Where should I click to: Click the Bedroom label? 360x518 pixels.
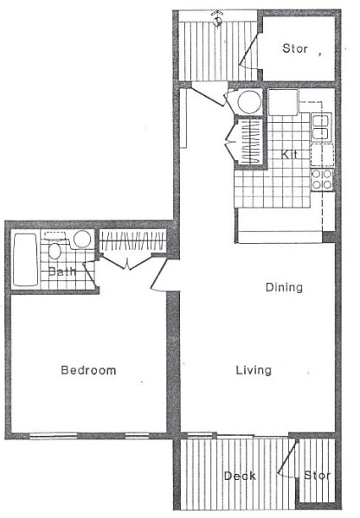tap(88, 370)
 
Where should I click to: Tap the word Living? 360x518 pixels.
tap(254, 370)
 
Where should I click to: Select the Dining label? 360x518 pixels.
tap(284, 287)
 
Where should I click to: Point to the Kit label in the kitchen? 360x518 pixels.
tap(289, 154)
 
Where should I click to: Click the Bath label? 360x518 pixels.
tap(62, 272)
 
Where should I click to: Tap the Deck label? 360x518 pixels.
tap(240, 476)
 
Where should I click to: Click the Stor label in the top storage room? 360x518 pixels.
tap(295, 48)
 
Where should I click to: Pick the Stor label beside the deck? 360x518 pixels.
tap(317, 475)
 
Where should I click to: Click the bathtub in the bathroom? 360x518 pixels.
tap(25, 259)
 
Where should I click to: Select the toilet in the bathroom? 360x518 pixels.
tap(55, 247)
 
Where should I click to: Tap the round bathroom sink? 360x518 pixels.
tap(82, 239)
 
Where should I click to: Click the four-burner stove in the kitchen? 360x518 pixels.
tap(322, 180)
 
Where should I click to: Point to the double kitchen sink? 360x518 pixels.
tap(321, 127)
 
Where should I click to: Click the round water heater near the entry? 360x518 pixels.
tap(249, 102)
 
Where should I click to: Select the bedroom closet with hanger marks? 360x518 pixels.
tap(132, 240)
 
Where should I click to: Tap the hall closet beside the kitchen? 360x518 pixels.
tap(249, 142)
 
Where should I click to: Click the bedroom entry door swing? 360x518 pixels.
tap(163, 275)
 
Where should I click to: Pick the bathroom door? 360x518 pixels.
tap(90, 274)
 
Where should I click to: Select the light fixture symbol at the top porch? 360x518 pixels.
tap(217, 19)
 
